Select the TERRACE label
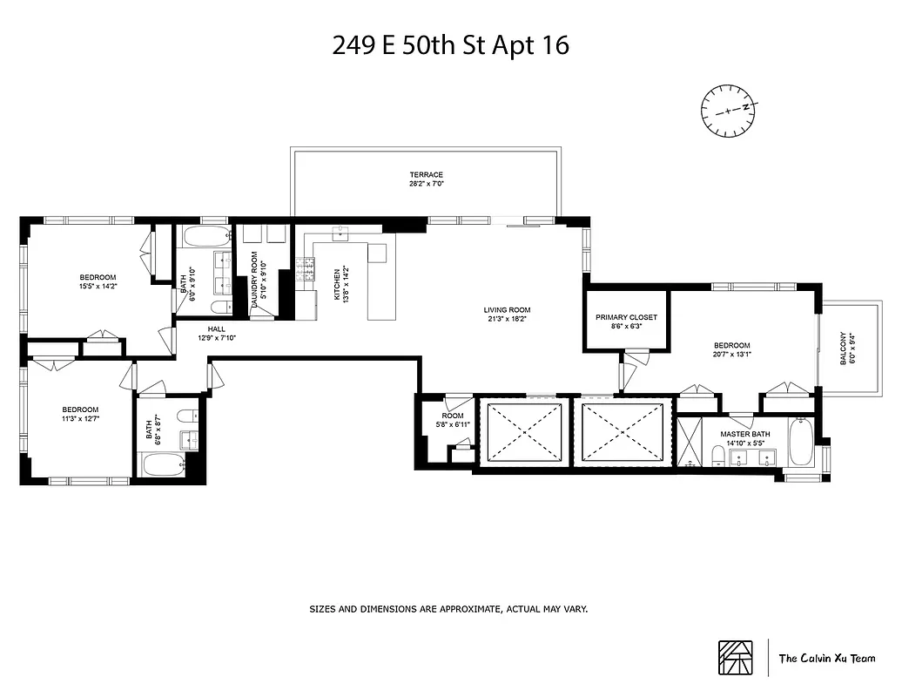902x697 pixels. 427,175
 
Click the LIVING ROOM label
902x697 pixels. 508,310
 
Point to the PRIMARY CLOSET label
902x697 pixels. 626,318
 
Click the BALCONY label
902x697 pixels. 843,348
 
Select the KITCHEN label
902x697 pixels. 338,283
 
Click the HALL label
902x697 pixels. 216,329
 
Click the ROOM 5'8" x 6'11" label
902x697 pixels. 452,421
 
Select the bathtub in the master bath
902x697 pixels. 800,443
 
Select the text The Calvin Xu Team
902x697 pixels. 826,659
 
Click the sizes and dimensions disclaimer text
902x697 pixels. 449,609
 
